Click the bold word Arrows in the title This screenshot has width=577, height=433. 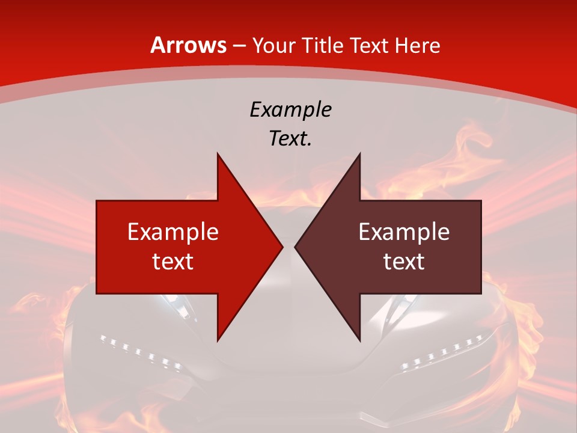[x=189, y=45]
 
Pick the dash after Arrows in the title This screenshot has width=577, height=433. [x=239, y=46]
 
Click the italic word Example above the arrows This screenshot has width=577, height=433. [x=291, y=109]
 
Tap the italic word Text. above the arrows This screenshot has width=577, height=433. [x=291, y=138]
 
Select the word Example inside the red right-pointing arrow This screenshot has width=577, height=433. [x=173, y=232]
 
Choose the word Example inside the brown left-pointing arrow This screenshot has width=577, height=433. [x=404, y=232]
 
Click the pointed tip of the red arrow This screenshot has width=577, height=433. [x=282, y=247]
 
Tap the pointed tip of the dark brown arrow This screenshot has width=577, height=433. [x=296, y=247]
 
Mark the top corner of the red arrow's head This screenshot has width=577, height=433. [x=218, y=155]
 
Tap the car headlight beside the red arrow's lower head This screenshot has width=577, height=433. [x=180, y=307]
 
